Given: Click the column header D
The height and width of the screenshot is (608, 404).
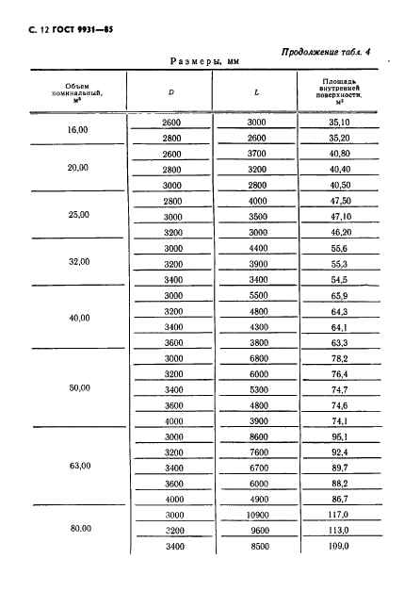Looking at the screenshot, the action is click(x=170, y=92).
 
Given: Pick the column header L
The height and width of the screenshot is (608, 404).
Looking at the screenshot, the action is click(x=257, y=92).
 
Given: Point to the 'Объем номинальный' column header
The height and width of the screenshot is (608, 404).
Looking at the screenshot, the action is click(x=78, y=92).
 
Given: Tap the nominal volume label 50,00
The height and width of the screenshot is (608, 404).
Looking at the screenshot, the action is click(x=78, y=388).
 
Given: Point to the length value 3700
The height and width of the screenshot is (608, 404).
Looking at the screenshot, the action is click(x=257, y=154).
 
